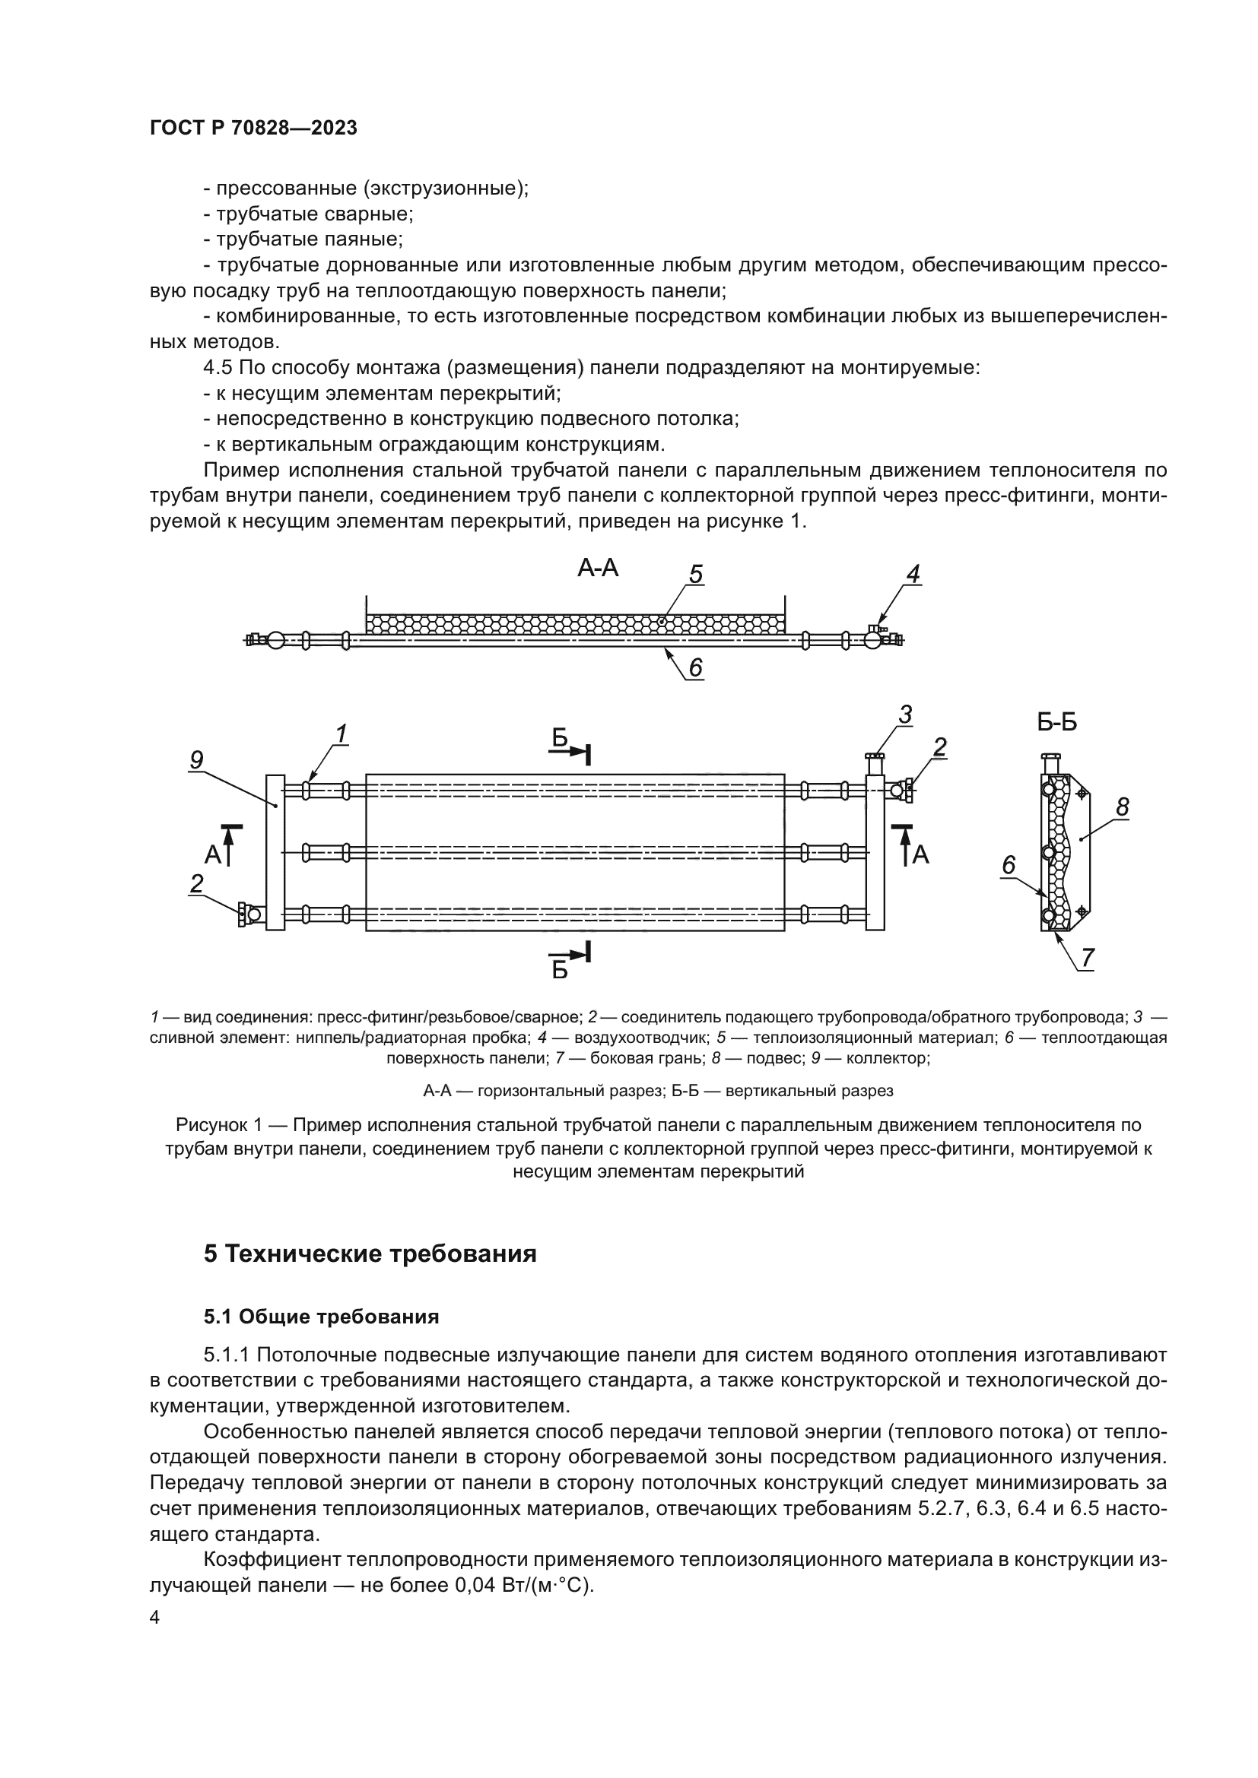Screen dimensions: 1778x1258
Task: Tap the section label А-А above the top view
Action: tap(597, 569)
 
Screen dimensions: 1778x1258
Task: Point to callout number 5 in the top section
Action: tap(696, 575)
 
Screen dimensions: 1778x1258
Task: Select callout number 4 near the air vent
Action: tap(913, 574)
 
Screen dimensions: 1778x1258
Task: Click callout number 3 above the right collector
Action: tap(905, 715)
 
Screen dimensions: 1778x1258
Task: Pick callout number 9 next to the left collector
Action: tap(197, 760)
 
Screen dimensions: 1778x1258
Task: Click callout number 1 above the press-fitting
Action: tap(340, 733)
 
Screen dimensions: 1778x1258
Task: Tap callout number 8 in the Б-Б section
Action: tap(1122, 808)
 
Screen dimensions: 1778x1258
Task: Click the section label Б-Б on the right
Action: tap(1056, 721)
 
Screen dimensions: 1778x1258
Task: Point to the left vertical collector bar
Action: tap(275, 852)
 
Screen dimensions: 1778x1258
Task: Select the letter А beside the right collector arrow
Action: tap(920, 855)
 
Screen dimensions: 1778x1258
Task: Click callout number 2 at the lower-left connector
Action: tap(197, 883)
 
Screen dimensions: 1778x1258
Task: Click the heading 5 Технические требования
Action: tap(370, 1253)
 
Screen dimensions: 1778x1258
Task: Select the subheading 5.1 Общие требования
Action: tap(322, 1317)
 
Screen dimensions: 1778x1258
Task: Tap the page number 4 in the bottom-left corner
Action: tap(155, 1618)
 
